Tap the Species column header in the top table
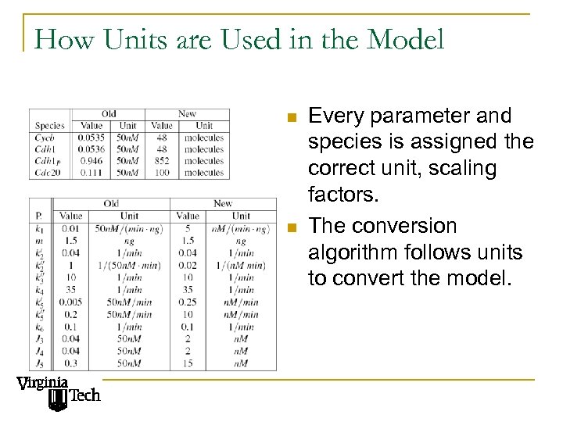[x=49, y=125]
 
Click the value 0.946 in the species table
[x=90, y=161]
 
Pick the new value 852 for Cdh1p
[x=162, y=161]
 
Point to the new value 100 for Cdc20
[x=162, y=173]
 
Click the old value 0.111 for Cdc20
[x=90, y=173]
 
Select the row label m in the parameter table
[x=39, y=241]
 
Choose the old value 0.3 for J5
[x=70, y=363]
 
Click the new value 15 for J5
[x=188, y=363]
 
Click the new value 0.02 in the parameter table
[x=188, y=265]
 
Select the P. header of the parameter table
[x=39, y=216]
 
